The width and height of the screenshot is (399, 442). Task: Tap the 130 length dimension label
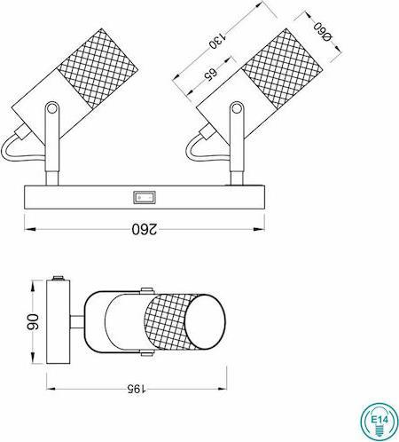(213, 42)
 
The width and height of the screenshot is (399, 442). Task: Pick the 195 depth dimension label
(133, 388)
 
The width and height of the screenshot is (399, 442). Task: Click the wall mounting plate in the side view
(59, 324)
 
